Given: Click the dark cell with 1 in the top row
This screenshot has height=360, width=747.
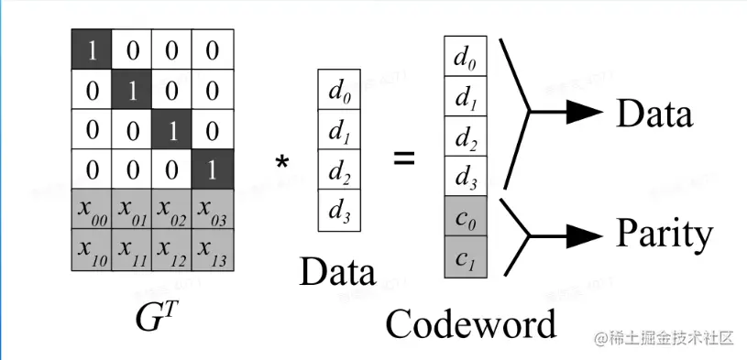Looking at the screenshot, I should click(92, 49).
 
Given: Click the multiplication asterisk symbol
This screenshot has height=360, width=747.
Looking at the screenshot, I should click(282, 163).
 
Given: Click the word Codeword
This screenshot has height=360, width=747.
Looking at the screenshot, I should click(470, 323).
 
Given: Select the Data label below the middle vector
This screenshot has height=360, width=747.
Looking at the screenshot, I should click(337, 272).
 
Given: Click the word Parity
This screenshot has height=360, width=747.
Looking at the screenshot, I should click(663, 235).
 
